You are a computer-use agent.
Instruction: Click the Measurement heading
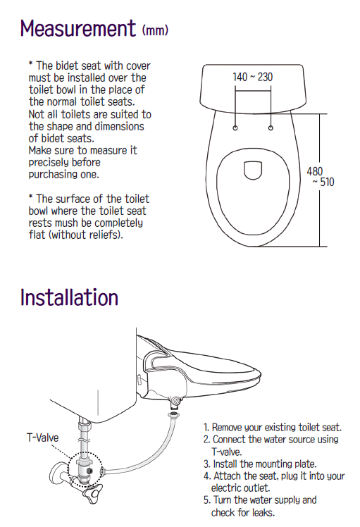(78, 28)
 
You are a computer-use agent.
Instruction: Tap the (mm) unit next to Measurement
(155, 30)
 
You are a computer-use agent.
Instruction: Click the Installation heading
(69, 297)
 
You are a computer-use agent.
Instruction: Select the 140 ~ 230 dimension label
(253, 77)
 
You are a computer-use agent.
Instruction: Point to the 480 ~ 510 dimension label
(321, 176)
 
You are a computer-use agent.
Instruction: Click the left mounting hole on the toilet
(235, 128)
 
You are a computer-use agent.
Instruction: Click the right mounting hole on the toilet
(271, 128)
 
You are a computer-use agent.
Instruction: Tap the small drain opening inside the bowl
(253, 170)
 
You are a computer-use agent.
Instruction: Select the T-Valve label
(43, 438)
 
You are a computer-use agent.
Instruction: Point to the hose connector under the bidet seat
(175, 402)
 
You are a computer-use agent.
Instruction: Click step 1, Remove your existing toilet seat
(273, 428)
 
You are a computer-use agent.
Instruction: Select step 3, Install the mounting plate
(260, 464)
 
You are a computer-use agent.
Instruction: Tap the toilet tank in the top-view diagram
(253, 88)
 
